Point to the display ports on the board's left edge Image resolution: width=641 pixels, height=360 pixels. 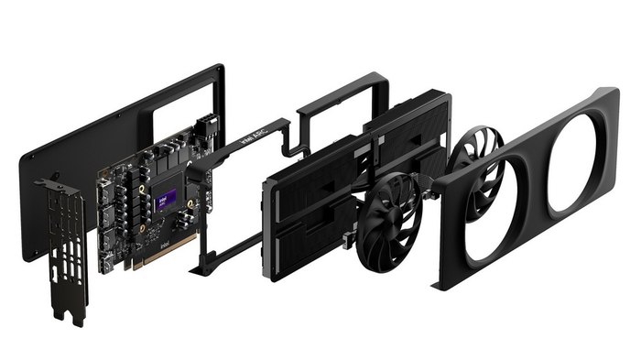107,220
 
